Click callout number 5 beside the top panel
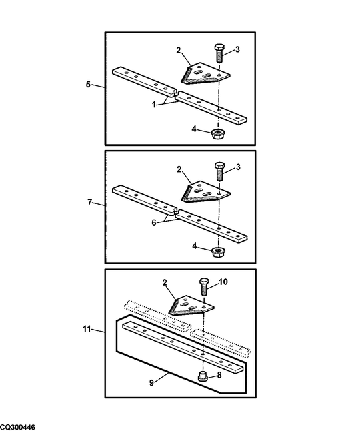tap(89, 85)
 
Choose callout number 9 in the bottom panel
tap(152, 382)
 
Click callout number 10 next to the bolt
tap(223, 282)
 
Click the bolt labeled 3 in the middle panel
tap(219, 172)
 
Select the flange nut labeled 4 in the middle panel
tap(217, 251)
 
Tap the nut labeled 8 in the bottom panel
tap(204, 376)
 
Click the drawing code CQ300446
tap(18, 426)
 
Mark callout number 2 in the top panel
tap(179, 51)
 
